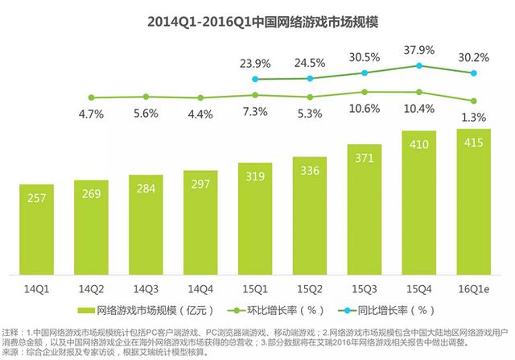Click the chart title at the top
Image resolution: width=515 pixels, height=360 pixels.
click(257, 22)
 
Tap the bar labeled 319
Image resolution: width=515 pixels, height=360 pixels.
click(255, 217)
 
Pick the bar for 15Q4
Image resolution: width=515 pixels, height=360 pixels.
click(418, 202)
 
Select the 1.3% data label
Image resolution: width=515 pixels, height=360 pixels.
click(473, 118)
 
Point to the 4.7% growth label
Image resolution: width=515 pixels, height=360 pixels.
click(91, 114)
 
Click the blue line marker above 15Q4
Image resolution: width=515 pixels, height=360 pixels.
click(418, 65)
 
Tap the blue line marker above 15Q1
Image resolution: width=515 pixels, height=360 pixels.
click(255, 79)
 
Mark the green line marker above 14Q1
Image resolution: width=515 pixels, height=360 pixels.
click(91, 97)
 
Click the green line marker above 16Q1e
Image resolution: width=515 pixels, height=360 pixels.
click(473, 101)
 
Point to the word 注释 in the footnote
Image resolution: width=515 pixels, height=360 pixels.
click(11, 332)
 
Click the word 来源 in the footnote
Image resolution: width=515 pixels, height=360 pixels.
click(11, 351)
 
